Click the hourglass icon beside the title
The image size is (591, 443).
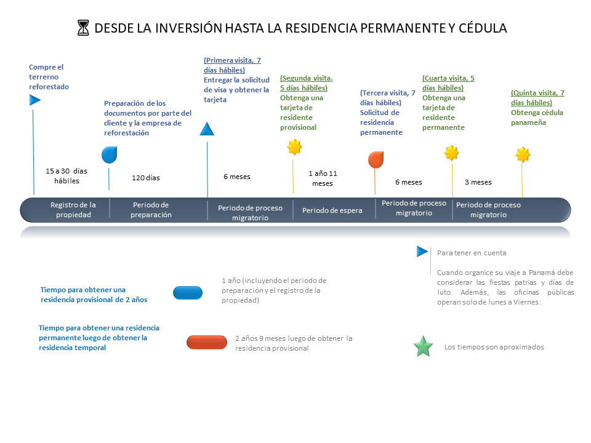(83, 28)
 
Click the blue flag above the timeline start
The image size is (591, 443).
(34, 100)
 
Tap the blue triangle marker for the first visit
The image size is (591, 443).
(207, 129)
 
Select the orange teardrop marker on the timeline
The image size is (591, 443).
(376, 160)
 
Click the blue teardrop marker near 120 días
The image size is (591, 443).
(110, 155)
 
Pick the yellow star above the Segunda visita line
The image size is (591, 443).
(294, 147)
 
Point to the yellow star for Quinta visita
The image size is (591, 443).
(523, 154)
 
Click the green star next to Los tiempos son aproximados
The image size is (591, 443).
(424, 346)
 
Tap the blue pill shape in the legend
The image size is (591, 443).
(188, 293)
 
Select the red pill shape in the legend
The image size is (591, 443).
(207, 343)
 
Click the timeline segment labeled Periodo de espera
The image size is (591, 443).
(332, 210)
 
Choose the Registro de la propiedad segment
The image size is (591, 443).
(73, 210)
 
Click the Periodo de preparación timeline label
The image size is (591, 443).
(151, 210)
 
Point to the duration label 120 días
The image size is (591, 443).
(146, 178)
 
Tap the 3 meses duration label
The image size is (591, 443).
(478, 182)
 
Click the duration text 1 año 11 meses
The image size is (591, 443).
(323, 178)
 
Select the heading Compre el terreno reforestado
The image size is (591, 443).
(49, 77)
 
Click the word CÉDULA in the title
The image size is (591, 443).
(483, 28)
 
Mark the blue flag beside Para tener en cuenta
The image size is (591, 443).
(422, 251)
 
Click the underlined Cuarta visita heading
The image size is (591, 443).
(448, 83)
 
